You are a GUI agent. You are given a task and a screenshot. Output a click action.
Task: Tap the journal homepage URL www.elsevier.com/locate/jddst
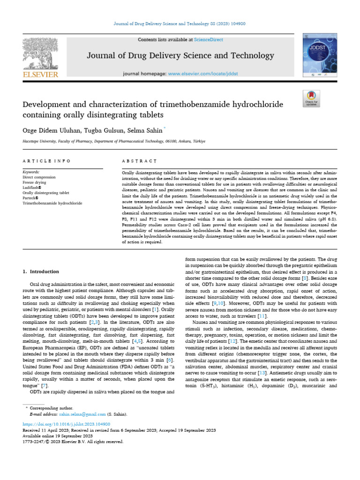click(203, 74)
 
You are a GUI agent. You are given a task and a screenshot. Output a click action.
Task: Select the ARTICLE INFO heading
click(46, 161)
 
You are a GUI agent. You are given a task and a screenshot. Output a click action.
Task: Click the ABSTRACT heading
click(139, 161)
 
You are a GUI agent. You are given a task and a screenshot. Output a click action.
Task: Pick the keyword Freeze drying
click(35, 183)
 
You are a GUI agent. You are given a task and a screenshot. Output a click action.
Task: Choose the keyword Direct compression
click(39, 178)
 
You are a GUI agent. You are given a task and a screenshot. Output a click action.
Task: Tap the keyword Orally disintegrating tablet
click(46, 193)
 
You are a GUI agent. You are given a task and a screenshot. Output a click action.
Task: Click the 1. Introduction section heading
click(41, 271)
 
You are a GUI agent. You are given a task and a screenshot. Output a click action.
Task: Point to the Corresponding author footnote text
click(51, 409)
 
